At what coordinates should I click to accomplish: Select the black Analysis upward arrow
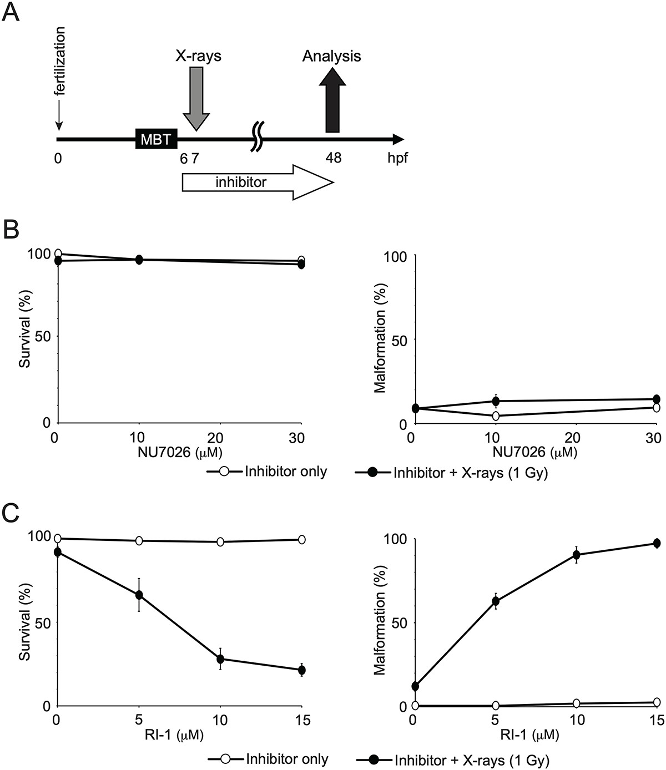(332, 100)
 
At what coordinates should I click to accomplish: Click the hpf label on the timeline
(397, 158)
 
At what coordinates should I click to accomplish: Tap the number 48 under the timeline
(333, 158)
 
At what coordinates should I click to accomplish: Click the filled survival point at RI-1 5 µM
(139, 595)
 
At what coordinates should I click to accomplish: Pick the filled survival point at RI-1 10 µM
(220, 659)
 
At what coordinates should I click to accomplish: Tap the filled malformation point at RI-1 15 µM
(657, 543)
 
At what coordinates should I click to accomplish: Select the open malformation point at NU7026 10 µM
(496, 416)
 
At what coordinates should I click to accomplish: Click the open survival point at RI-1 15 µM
(302, 539)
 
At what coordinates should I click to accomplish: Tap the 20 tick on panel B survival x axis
(219, 437)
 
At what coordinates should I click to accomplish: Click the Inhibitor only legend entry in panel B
(285, 472)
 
